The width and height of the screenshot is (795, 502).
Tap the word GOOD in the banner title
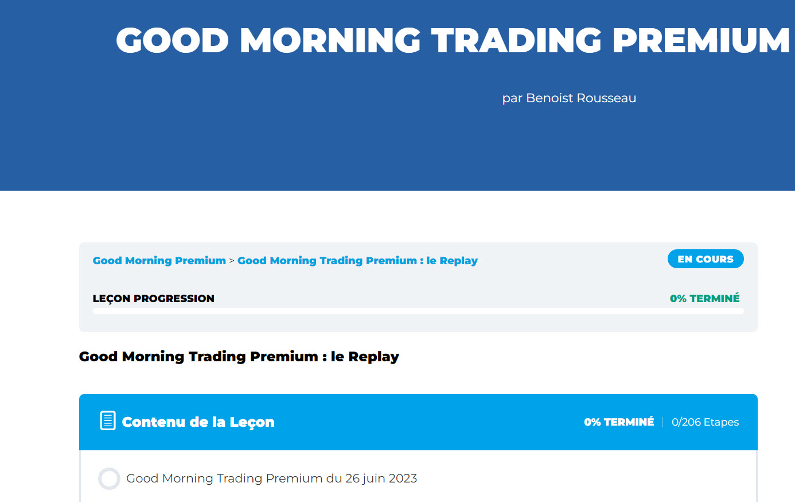pyautogui.click(x=173, y=40)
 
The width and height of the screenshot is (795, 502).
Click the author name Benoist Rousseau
pyautogui.click(x=581, y=98)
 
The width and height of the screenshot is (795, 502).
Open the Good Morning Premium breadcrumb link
pyautogui.click(x=159, y=260)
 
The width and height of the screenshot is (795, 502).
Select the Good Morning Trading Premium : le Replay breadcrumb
pyautogui.click(x=357, y=260)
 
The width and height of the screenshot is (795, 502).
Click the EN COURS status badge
pyautogui.click(x=706, y=259)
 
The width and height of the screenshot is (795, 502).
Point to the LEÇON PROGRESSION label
pyautogui.click(x=154, y=299)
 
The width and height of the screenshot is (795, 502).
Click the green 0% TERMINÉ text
pyautogui.click(x=705, y=299)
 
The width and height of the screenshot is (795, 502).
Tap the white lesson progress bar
pyautogui.click(x=418, y=311)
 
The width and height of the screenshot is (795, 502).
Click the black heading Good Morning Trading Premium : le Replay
pyautogui.click(x=239, y=356)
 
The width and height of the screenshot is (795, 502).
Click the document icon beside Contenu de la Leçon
pyautogui.click(x=108, y=420)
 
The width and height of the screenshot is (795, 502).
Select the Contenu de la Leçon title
pyautogui.click(x=198, y=422)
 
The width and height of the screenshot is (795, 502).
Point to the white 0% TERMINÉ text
pyautogui.click(x=619, y=422)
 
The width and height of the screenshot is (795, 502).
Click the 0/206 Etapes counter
pyautogui.click(x=705, y=422)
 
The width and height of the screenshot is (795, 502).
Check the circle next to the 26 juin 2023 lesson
pyautogui.click(x=109, y=478)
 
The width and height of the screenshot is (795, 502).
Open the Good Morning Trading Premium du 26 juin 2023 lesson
pyautogui.click(x=271, y=478)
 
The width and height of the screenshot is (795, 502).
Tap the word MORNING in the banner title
pyautogui.click(x=330, y=40)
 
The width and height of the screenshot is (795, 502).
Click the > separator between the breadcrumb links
pyautogui.click(x=232, y=261)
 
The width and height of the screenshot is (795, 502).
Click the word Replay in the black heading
pyautogui.click(x=374, y=357)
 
